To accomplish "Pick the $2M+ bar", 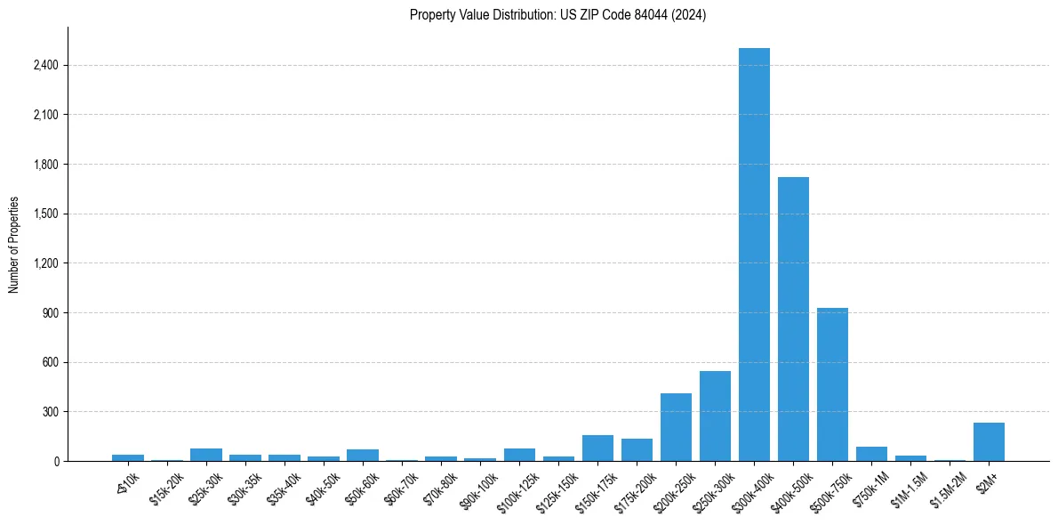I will coord(989,441).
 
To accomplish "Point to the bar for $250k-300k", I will coord(715,416).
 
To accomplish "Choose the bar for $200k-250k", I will coord(676,427).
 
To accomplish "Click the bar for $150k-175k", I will coord(597,448).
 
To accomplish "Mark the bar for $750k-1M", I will coord(871,454).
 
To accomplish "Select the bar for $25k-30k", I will coord(206,455).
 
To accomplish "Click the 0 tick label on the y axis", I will coord(56,462).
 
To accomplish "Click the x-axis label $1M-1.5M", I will coord(910,486).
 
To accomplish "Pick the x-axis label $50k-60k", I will coord(362,484).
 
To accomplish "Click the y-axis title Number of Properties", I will coord(14,244).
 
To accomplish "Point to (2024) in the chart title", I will coord(690,15).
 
